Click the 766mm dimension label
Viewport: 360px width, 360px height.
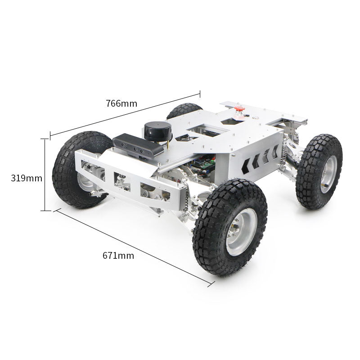(x=121, y=103)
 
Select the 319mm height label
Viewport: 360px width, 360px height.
(x=27, y=178)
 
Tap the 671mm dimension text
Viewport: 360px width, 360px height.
(x=118, y=256)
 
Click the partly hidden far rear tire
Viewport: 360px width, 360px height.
(x=184, y=110)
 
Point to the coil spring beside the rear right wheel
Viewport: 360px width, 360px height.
(x=284, y=150)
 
